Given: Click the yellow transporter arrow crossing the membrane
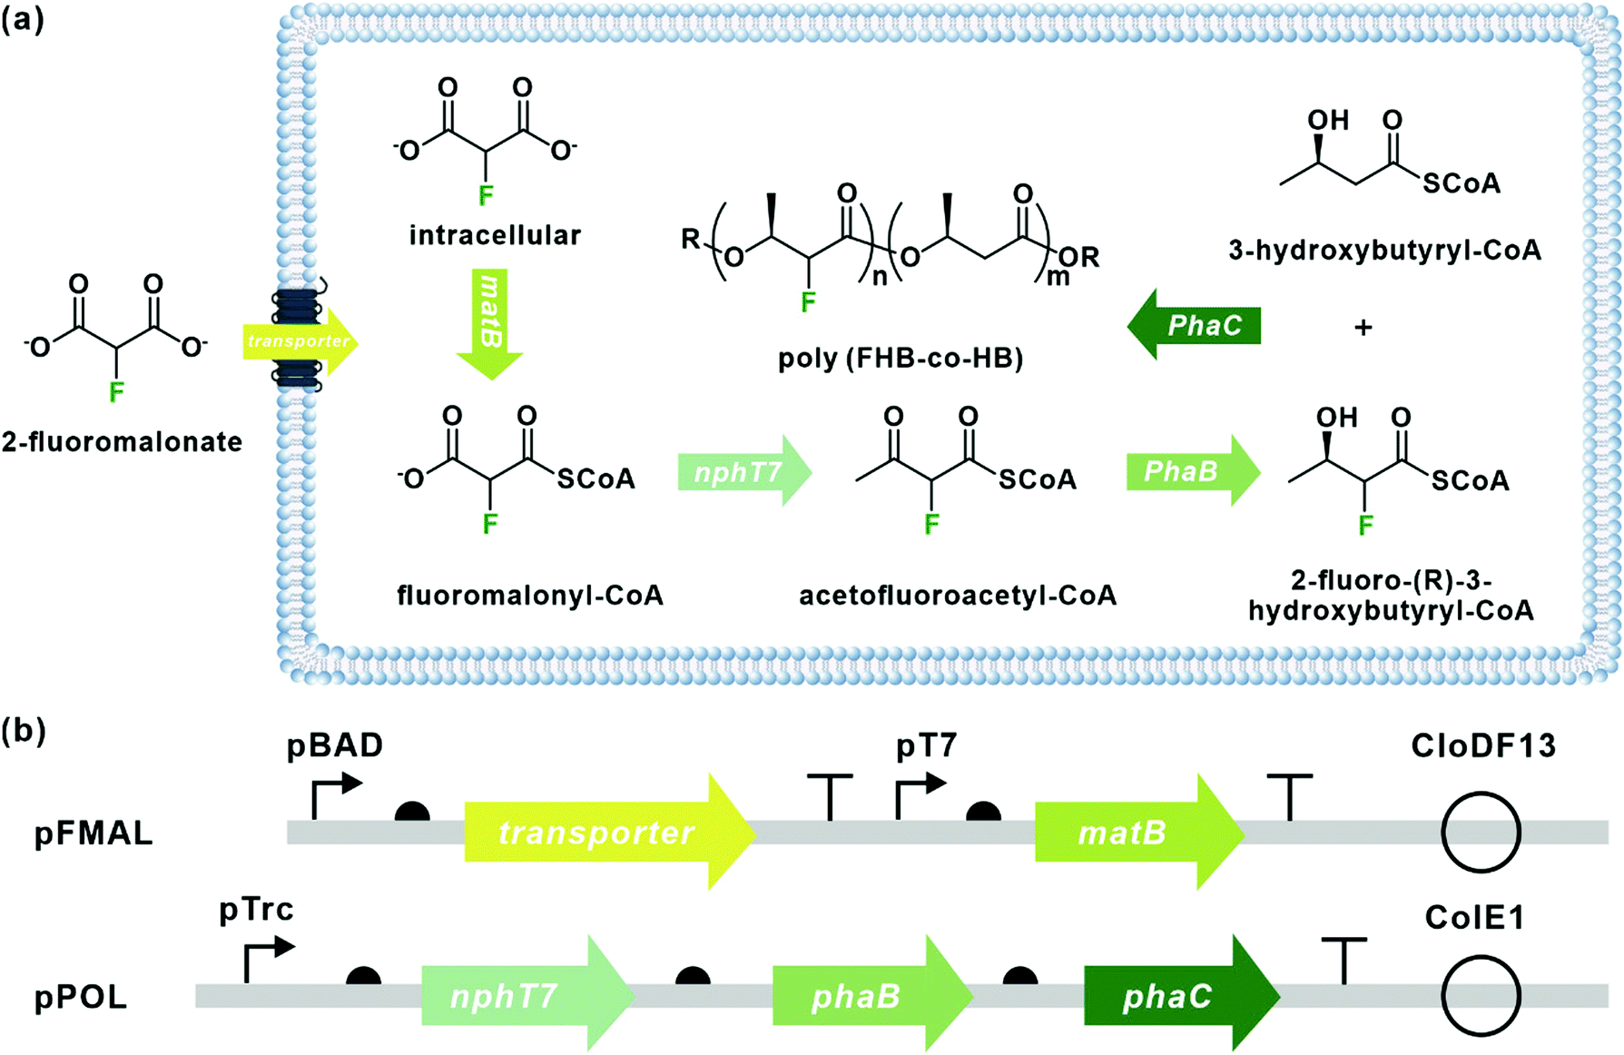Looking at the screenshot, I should pyautogui.click(x=300, y=342).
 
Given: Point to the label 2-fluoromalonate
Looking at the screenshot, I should pyautogui.click(x=122, y=442).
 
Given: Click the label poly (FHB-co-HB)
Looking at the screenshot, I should pyautogui.click(x=901, y=359).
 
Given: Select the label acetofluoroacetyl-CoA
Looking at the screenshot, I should pyautogui.click(x=958, y=596).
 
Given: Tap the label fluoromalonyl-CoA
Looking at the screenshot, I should pyautogui.click(x=530, y=596).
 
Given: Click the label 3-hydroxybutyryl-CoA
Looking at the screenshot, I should pyautogui.click(x=1384, y=251).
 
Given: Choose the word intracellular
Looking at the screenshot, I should pyautogui.click(x=495, y=235).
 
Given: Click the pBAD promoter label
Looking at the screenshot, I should pyautogui.click(x=335, y=745).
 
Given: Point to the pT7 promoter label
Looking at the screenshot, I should pyautogui.click(x=926, y=745).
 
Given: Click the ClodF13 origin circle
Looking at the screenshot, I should pyautogui.click(x=1481, y=833).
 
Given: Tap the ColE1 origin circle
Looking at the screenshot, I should pyautogui.click(x=1481, y=996).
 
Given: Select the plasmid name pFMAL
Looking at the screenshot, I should pyautogui.click(x=94, y=833).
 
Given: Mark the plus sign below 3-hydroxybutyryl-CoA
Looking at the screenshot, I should pyautogui.click(x=1363, y=327).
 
